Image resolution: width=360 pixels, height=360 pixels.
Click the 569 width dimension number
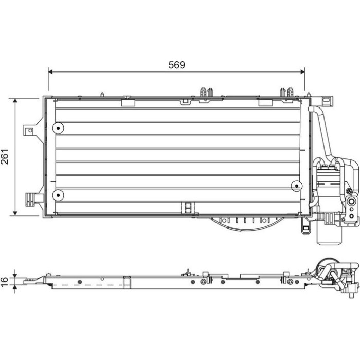[x=176, y=65]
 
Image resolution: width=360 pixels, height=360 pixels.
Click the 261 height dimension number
[x=5, y=156]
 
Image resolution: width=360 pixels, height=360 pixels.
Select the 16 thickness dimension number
[x=4, y=282]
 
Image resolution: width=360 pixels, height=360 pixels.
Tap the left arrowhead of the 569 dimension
[x=50, y=72]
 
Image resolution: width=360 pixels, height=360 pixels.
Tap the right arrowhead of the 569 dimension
[x=302, y=72]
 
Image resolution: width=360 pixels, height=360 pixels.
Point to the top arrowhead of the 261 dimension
[x=15, y=101]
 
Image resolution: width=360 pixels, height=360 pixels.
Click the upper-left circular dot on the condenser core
[x=58, y=128]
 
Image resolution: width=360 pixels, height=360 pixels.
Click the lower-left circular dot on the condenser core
[x=58, y=195]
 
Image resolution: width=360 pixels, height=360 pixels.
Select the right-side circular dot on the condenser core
[x=297, y=186]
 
